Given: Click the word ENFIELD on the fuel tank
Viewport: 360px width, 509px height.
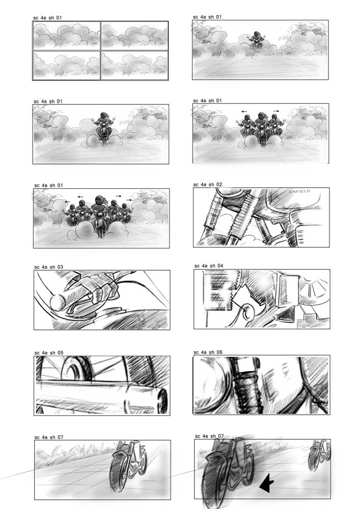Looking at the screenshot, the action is click(x=299, y=191).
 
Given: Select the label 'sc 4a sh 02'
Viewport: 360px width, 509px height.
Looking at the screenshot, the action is click(x=208, y=184).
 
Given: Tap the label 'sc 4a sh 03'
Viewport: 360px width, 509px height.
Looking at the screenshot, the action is click(x=49, y=267).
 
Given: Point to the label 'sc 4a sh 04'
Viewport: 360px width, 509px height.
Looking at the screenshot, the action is click(x=209, y=266).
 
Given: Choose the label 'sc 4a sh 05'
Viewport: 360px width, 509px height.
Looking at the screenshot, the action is click(x=49, y=353).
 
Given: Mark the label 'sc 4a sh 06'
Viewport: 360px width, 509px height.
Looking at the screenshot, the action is click(x=208, y=352).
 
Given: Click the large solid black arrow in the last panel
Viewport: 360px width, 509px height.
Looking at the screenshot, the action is click(x=267, y=483).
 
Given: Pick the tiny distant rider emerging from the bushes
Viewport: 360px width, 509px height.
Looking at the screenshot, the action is click(x=257, y=40).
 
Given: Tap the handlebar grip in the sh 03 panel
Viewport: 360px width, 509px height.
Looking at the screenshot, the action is click(x=67, y=297).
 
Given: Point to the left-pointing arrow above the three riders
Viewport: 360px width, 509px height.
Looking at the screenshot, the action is click(x=244, y=111).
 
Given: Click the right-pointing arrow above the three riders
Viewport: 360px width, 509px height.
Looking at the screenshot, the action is click(x=276, y=111).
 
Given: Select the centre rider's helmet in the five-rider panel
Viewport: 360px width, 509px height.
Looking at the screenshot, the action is click(x=99, y=200).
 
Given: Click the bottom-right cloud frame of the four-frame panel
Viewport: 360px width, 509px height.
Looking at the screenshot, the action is click(x=134, y=65).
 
